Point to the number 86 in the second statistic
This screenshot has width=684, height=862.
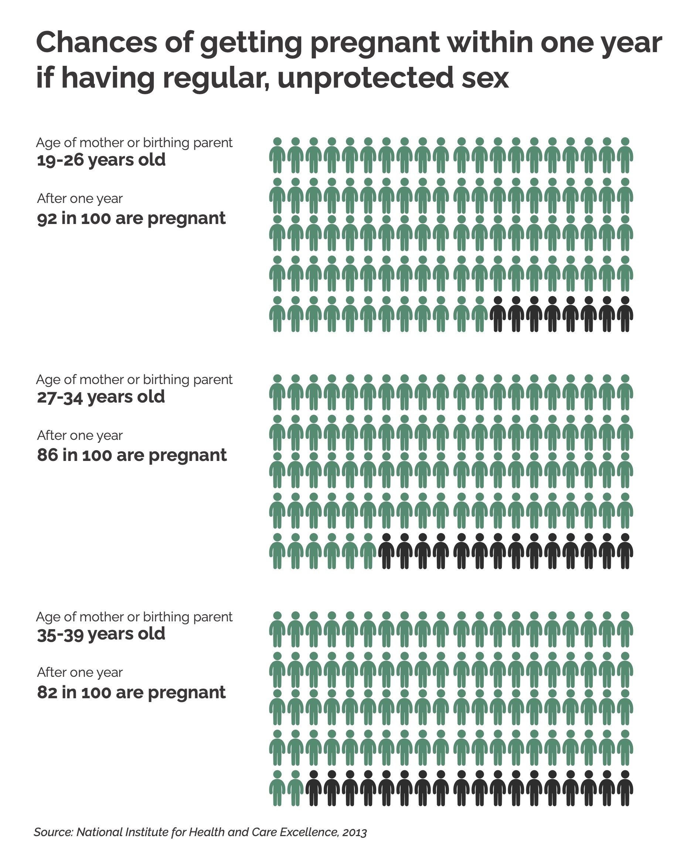(47, 455)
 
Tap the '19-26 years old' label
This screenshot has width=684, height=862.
(101, 160)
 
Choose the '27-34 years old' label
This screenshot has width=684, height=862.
(101, 397)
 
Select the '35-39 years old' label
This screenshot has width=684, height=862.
(101, 634)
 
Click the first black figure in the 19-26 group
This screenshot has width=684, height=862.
(498, 314)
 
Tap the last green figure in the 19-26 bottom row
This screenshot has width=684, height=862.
(480, 314)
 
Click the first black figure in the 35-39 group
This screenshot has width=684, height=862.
(313, 788)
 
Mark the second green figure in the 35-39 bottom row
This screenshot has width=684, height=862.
(295, 788)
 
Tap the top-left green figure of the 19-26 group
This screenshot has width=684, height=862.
(277, 155)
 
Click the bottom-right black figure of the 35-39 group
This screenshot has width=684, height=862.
(625, 788)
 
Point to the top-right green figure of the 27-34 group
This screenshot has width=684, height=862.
(625, 392)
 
